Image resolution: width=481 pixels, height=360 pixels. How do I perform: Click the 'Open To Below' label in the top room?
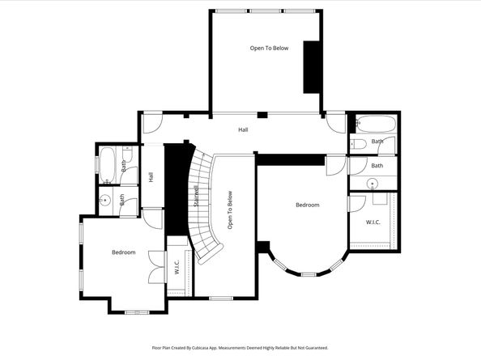(x=269, y=49)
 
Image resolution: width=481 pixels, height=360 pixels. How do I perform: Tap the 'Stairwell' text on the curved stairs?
(x=196, y=197)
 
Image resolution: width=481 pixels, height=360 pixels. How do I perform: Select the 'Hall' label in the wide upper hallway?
(x=243, y=129)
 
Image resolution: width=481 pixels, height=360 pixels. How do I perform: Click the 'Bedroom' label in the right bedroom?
(x=307, y=205)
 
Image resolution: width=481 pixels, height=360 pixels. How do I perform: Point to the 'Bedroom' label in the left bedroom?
(x=123, y=253)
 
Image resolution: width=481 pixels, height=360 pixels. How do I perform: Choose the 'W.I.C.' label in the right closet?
(x=373, y=222)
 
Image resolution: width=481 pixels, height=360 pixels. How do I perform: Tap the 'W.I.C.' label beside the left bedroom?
(x=177, y=266)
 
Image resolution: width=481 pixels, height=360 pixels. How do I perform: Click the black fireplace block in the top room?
(x=310, y=66)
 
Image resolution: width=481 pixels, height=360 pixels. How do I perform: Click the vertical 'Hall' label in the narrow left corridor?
(x=151, y=176)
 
